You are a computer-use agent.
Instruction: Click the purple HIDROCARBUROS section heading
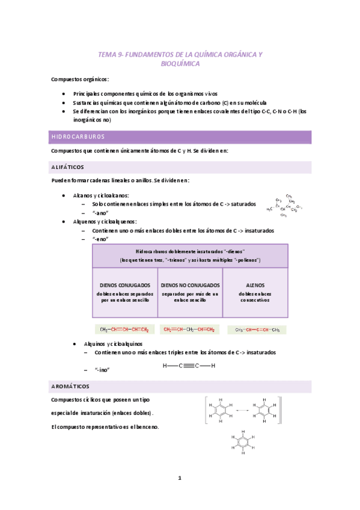[x=78, y=137]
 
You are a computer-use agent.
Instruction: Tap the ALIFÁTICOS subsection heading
[x=68, y=167]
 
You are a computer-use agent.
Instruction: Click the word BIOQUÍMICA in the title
[x=180, y=64]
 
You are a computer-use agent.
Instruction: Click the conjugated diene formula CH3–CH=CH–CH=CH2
[x=124, y=329]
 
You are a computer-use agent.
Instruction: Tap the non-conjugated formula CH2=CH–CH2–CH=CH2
[x=189, y=329]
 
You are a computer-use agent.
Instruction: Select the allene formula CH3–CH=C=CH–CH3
[x=257, y=330]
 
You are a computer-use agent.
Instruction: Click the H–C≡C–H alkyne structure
[x=189, y=366]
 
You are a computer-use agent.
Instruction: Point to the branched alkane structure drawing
[x=288, y=206]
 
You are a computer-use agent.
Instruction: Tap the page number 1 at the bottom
[x=179, y=478]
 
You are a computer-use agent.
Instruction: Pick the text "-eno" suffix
[x=100, y=239]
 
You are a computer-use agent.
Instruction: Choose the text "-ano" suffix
[x=100, y=212]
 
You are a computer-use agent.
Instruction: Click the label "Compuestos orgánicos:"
[x=80, y=79]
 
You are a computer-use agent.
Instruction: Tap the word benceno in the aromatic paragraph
[x=147, y=426]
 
